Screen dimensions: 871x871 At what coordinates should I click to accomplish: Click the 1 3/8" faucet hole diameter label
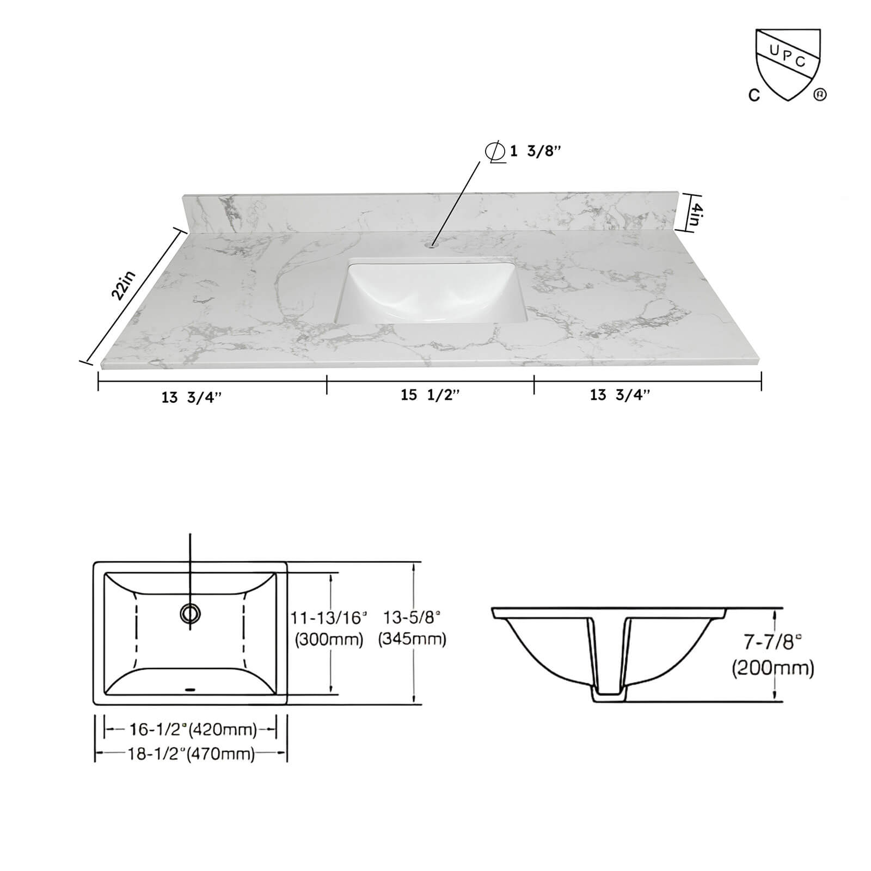coord(535,151)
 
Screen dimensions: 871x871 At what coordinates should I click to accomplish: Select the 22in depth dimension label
coord(123,285)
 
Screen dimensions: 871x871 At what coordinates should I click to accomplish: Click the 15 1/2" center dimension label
coord(430,395)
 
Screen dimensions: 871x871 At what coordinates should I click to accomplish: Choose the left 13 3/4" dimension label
coord(192,397)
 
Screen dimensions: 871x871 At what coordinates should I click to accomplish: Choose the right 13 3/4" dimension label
coord(620,395)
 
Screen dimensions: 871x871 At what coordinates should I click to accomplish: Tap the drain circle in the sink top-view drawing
coord(190,614)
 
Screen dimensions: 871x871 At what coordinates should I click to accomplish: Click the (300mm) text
coord(329,639)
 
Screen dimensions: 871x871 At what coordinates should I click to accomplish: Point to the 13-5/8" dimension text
coord(412,617)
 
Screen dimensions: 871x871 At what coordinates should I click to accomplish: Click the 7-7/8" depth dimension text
coord(773,642)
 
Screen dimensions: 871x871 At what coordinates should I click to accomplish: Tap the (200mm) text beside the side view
coord(773,667)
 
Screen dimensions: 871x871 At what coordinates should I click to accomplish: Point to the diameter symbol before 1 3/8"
coord(494,151)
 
